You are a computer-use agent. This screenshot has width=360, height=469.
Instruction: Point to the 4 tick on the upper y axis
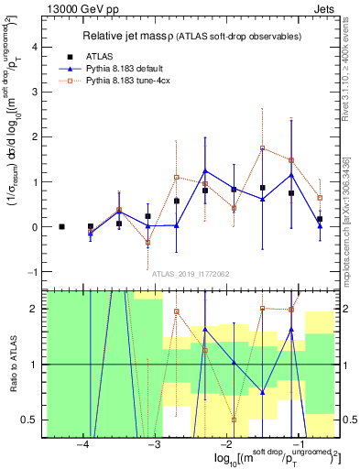[x=37, y=47]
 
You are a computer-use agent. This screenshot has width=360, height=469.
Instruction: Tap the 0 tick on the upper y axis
[x=37, y=227]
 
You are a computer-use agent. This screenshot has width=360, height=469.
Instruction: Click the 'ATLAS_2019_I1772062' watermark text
[x=191, y=274]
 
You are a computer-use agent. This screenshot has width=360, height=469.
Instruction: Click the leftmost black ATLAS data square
[x=61, y=226]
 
